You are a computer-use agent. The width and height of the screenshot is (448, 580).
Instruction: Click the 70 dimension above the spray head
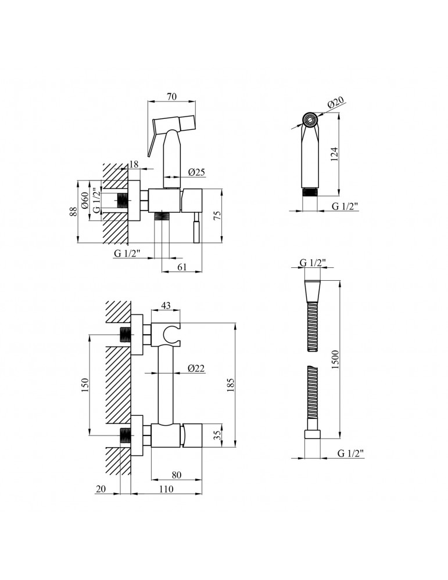pos(171,96)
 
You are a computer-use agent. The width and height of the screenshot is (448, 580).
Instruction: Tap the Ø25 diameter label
pos(196,172)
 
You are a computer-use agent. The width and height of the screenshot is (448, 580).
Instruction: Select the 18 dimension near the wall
pos(134,164)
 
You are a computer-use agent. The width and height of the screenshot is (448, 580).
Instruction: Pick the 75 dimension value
pos(217,215)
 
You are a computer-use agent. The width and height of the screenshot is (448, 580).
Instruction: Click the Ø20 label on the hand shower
pos(336,103)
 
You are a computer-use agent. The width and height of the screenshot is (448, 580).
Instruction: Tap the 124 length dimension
pos(334,155)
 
